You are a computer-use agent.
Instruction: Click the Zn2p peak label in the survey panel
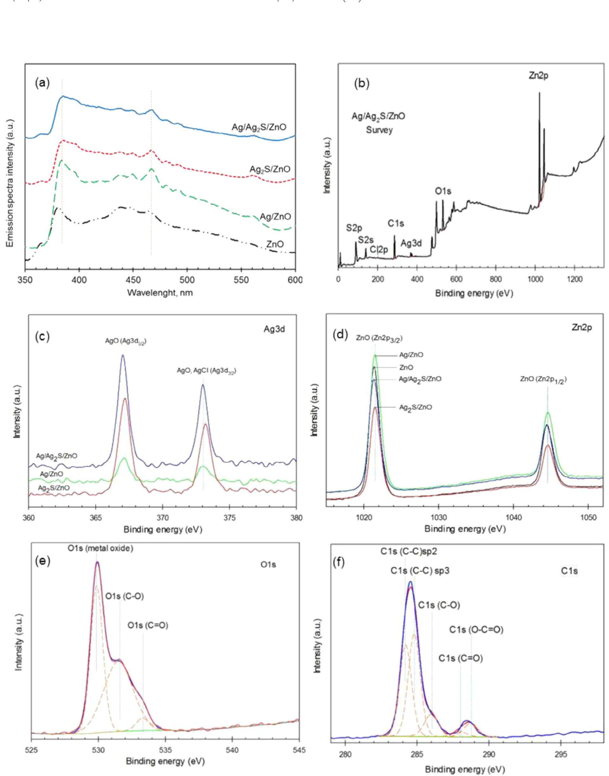click(538, 76)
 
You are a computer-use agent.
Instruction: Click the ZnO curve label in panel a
click(275, 244)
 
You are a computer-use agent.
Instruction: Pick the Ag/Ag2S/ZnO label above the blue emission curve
click(258, 127)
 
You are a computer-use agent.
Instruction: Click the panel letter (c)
click(42, 337)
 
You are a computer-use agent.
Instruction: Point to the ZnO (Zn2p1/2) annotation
click(544, 380)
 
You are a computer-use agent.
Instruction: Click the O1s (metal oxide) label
click(100, 549)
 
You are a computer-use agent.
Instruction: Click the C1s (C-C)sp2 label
click(409, 552)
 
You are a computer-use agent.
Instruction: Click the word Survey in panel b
click(379, 130)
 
